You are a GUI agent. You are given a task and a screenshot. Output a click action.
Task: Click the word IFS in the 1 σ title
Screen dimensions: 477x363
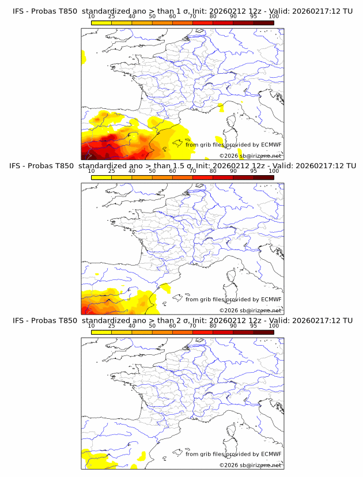tap(19, 11)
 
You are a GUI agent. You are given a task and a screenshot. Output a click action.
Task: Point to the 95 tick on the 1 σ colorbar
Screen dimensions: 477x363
tap(254, 16)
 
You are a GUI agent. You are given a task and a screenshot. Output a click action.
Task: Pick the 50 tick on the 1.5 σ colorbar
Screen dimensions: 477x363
tap(152, 171)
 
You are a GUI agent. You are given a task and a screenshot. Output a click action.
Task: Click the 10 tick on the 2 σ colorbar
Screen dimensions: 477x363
tap(92, 325)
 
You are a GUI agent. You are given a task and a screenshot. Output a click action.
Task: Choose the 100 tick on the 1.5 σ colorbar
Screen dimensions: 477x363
tap(274, 171)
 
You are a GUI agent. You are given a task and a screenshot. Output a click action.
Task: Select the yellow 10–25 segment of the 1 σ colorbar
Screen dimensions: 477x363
tap(101, 22)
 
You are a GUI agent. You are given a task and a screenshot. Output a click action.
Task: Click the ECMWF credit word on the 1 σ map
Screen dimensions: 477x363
tap(271, 145)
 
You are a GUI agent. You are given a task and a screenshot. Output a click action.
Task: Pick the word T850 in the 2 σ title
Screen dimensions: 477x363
tap(65, 320)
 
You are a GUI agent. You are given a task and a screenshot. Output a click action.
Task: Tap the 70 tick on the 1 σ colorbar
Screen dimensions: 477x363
tap(192, 16)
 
